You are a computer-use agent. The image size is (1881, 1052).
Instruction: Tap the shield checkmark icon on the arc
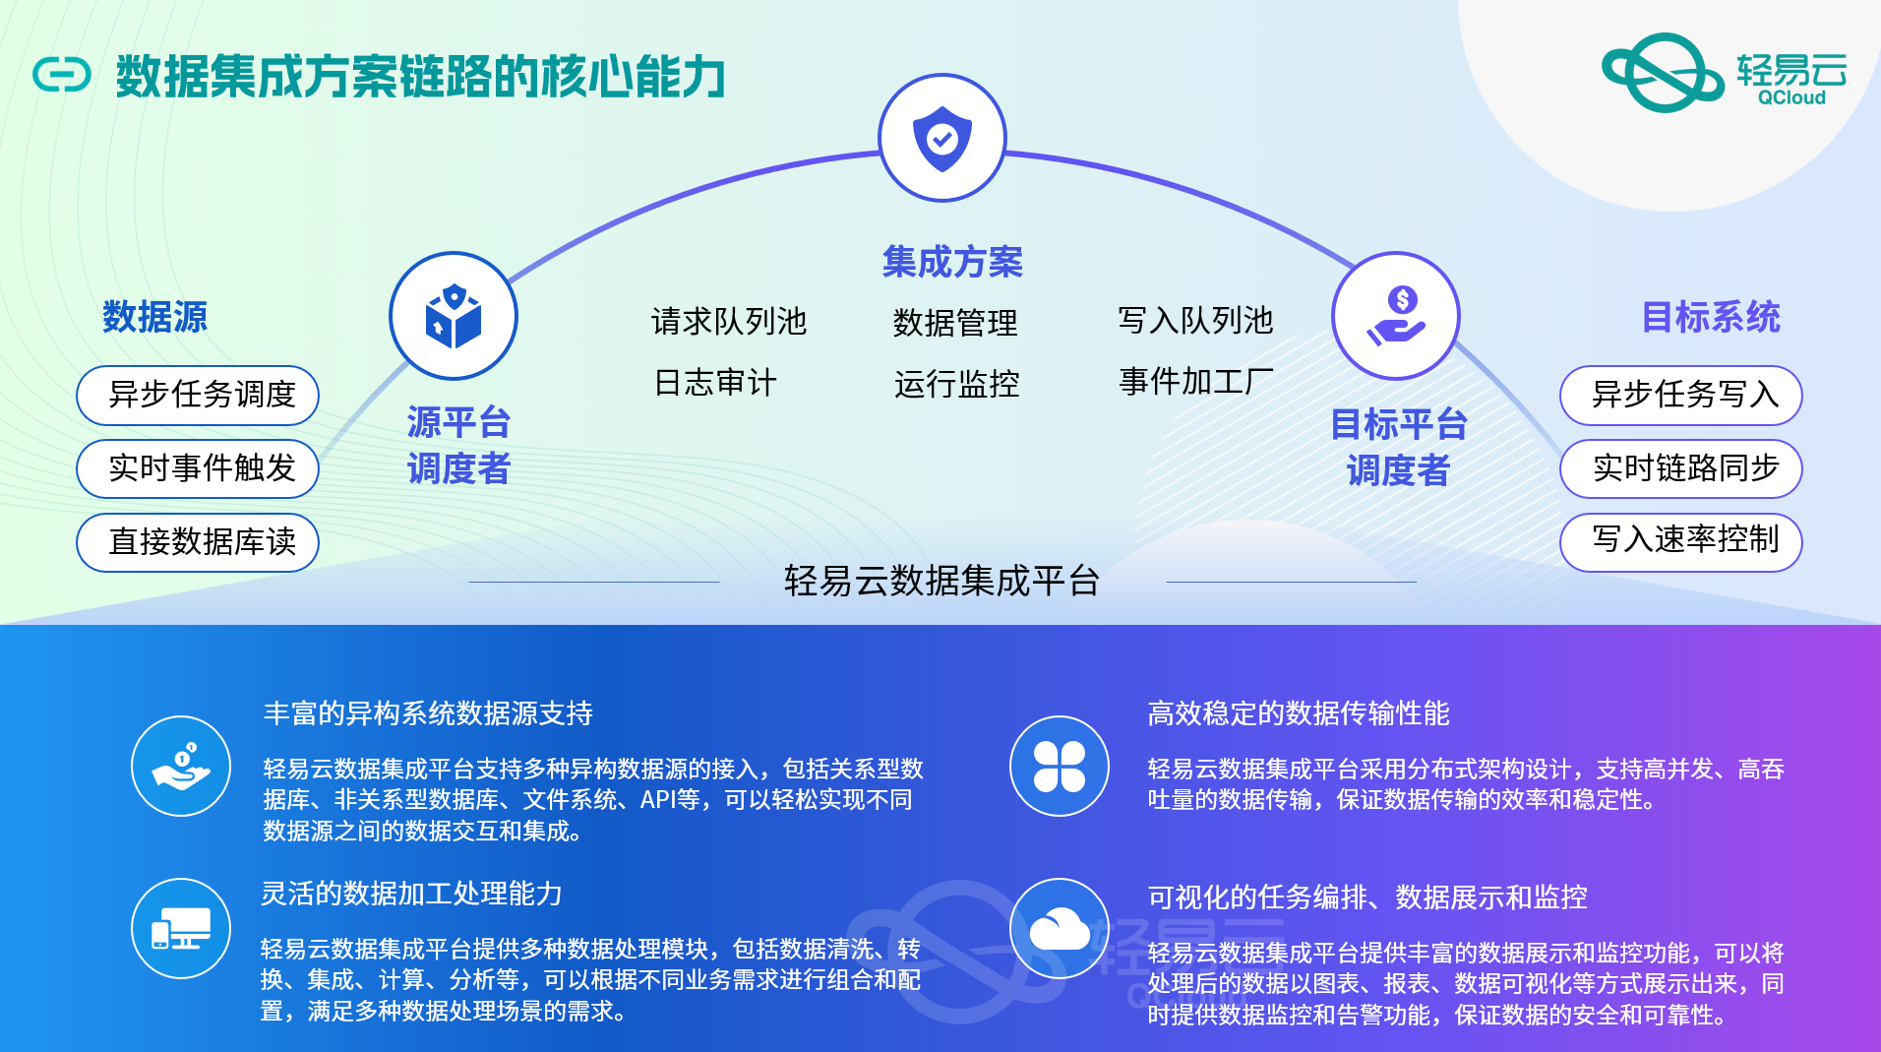(x=942, y=138)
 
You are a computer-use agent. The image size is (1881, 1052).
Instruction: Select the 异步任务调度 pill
(x=198, y=396)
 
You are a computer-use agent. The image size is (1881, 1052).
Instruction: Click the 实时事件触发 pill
(x=198, y=468)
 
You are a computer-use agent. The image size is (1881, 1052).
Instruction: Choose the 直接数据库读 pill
(x=198, y=542)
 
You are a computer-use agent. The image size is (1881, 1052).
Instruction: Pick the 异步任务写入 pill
(x=1681, y=396)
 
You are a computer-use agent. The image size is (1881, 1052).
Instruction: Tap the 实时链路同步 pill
(x=1681, y=468)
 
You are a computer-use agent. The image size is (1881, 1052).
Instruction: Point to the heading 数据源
(x=155, y=317)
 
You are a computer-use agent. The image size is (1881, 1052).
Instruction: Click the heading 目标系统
(x=1711, y=317)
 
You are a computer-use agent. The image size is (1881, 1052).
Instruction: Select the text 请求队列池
(x=729, y=321)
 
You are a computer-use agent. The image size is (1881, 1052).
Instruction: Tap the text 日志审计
(x=715, y=382)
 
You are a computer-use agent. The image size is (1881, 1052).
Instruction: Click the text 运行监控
(x=956, y=383)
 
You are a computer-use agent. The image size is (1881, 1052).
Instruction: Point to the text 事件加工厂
(x=1196, y=381)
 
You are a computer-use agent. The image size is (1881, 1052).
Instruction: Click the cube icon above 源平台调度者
(x=454, y=316)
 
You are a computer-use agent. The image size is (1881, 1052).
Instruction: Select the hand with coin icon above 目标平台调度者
(x=1396, y=316)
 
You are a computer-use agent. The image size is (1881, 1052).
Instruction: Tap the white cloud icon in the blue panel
(x=1060, y=929)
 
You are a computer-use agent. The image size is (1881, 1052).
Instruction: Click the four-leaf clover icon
(x=1060, y=767)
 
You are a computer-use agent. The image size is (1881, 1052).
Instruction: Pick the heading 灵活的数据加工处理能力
(x=411, y=894)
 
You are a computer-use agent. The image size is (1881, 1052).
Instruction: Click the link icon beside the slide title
(x=61, y=75)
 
